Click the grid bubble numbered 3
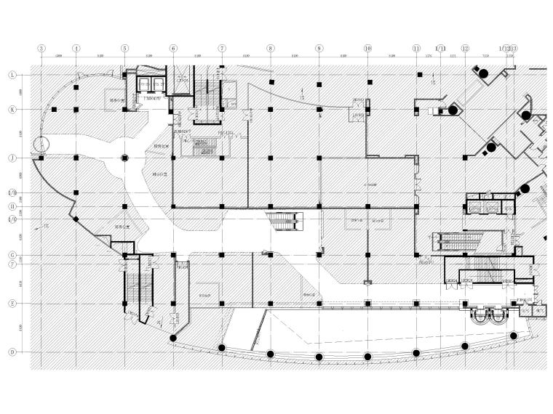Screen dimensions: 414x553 tap(41, 49)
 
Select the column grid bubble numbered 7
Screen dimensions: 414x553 tap(222, 49)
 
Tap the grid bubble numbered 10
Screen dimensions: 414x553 tap(367, 49)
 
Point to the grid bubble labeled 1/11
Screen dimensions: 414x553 tap(440, 49)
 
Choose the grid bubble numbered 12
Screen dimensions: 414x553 tap(465, 49)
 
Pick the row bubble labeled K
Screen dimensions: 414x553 tap(12, 110)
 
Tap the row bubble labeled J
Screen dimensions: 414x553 tap(12, 158)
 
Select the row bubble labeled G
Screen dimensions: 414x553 tap(12, 255)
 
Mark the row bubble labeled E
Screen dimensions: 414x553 tap(12, 304)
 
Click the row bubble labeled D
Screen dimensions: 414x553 tap(12, 352)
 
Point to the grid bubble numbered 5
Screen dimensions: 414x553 tap(124, 49)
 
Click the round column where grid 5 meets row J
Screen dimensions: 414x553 tap(124, 158)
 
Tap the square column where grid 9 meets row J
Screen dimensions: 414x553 tap(319, 158)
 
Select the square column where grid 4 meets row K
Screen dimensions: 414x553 tap(76, 110)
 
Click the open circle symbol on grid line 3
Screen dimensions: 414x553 tap(41, 144)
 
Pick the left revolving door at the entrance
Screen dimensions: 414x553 tap(480, 314)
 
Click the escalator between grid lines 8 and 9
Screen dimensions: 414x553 tap(285, 219)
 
